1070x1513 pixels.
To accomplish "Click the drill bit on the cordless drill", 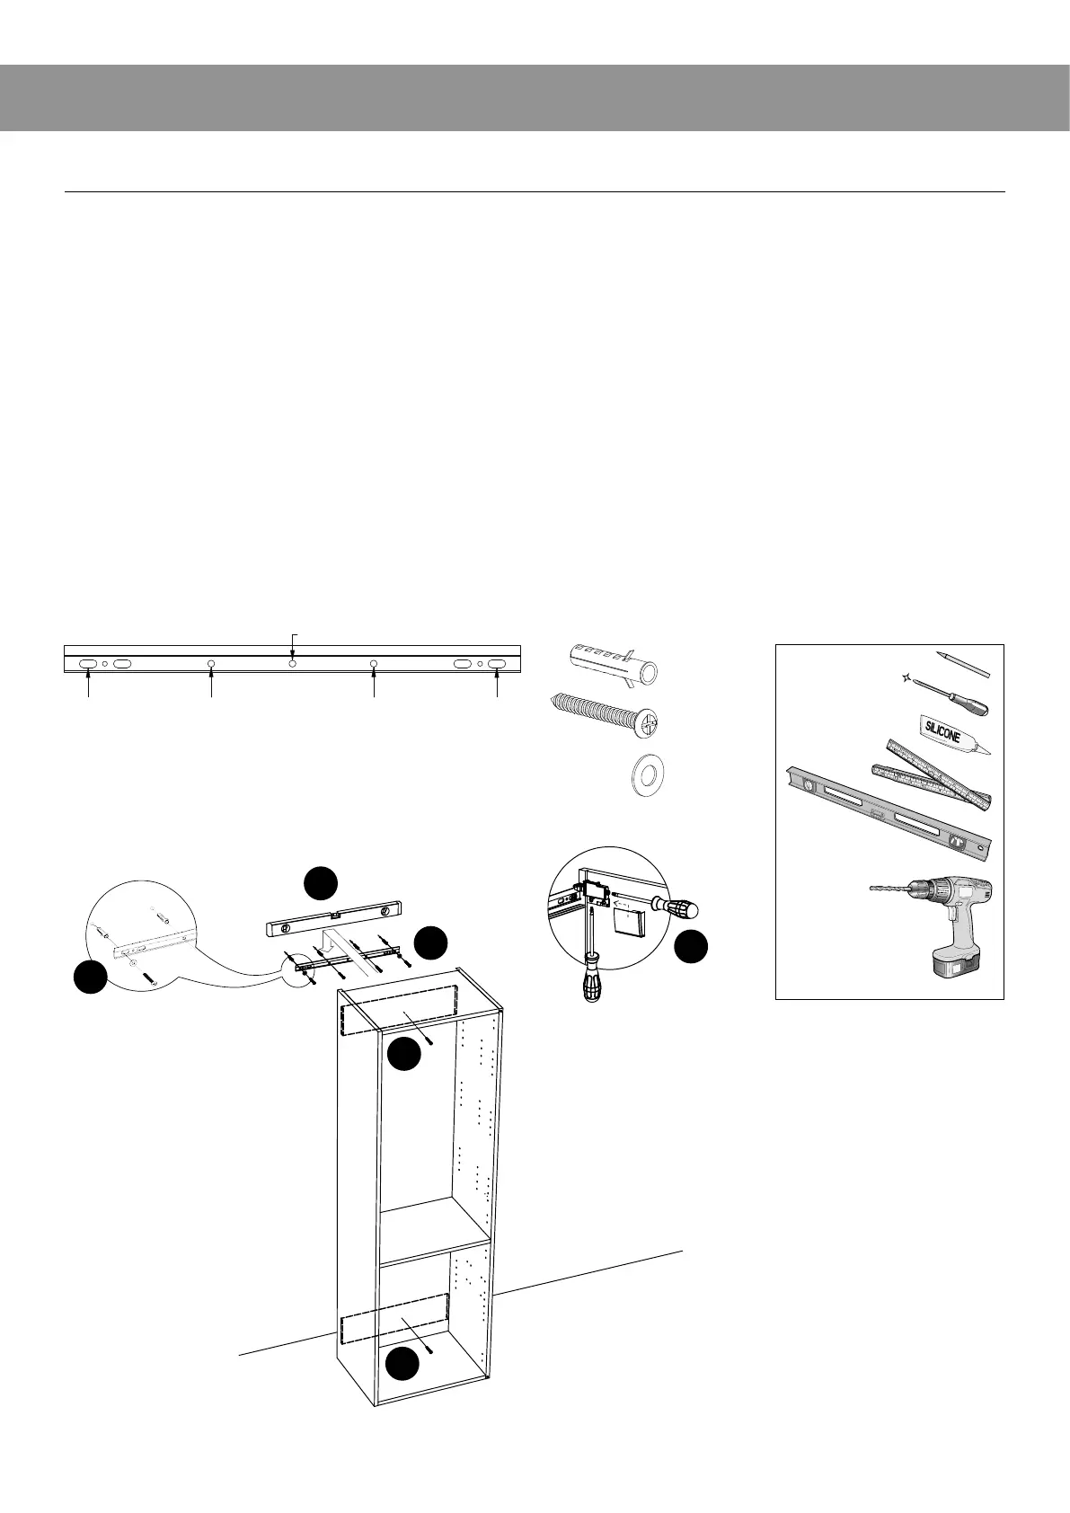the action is tap(890, 887).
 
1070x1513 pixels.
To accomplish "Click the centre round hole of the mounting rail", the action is tap(293, 663).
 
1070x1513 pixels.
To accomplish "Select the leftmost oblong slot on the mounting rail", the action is tap(88, 663).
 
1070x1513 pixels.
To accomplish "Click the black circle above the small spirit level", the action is tap(320, 882).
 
